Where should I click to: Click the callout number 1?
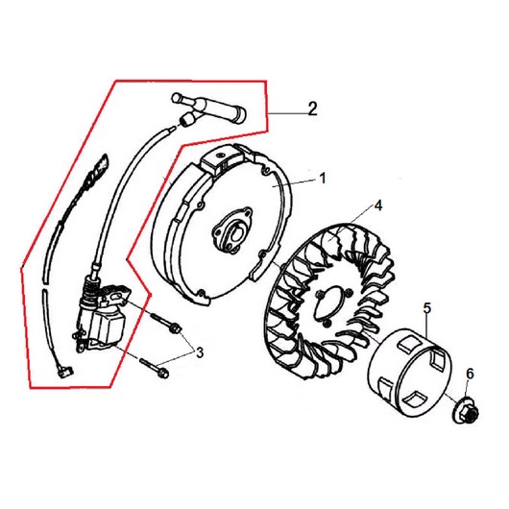coord(323,179)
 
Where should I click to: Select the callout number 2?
coord(312,109)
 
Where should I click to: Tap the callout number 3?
coord(200,352)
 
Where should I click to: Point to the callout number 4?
coord(378,206)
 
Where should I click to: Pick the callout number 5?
coord(427,308)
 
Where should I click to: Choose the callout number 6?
coord(470,375)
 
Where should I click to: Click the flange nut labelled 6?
coord(466,411)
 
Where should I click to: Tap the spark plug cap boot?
coord(209,109)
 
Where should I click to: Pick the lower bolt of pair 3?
coord(155,368)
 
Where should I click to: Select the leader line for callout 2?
coord(287,113)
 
